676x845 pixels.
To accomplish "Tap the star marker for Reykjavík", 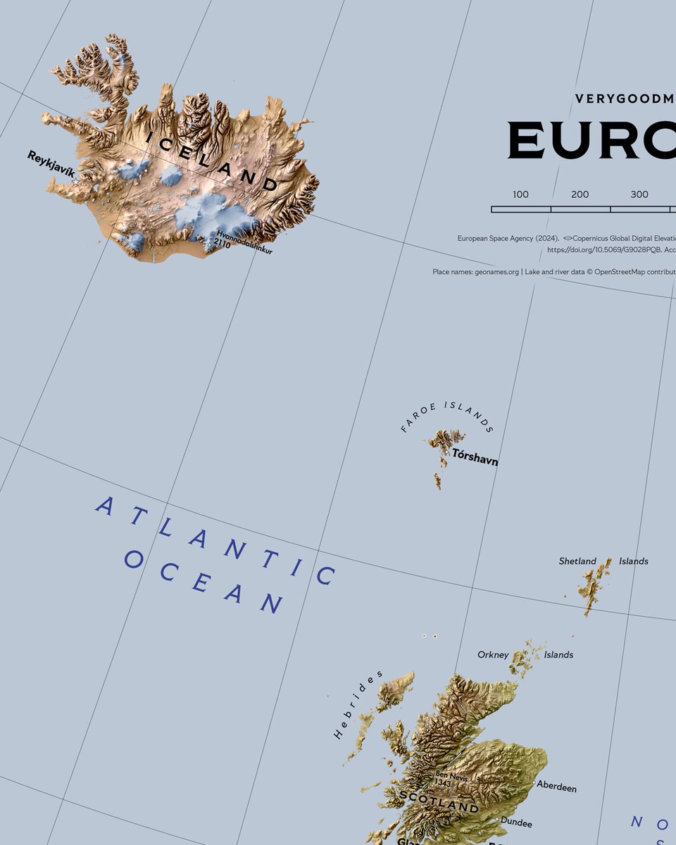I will pos(75,182).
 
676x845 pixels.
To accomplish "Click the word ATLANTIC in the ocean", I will pos(215,540).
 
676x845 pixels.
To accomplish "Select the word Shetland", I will pos(577,561).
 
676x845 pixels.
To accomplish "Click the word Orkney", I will pos(493,655).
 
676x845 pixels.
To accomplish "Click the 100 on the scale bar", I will pos(520,194).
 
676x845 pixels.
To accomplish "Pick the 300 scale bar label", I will pos(639,194).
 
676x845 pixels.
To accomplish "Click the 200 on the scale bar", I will pos(580,194).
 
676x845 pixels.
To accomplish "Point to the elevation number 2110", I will pos(223,243).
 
